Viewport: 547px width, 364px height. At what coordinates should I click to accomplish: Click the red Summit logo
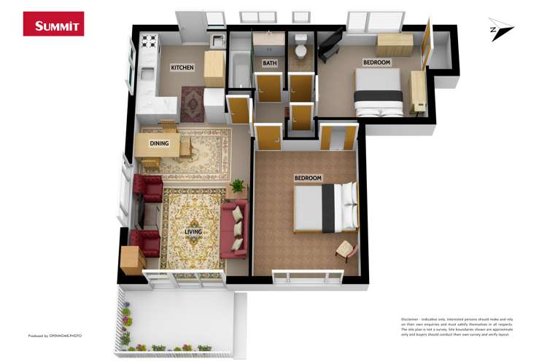coord(53,23)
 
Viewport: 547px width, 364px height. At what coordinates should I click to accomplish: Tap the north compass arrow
coord(502,29)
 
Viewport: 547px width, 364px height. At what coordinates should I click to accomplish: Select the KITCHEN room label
coord(182,68)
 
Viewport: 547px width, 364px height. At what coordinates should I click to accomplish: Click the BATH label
coord(270,63)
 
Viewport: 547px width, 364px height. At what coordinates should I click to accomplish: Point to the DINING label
coord(159,143)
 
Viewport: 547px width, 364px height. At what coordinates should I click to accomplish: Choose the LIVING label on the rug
coord(193,232)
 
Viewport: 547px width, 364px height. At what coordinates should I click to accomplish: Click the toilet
coord(300,51)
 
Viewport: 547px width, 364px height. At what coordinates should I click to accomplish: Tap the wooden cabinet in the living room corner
coord(133,260)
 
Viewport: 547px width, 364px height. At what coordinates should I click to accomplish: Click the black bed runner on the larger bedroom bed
coord(328,207)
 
